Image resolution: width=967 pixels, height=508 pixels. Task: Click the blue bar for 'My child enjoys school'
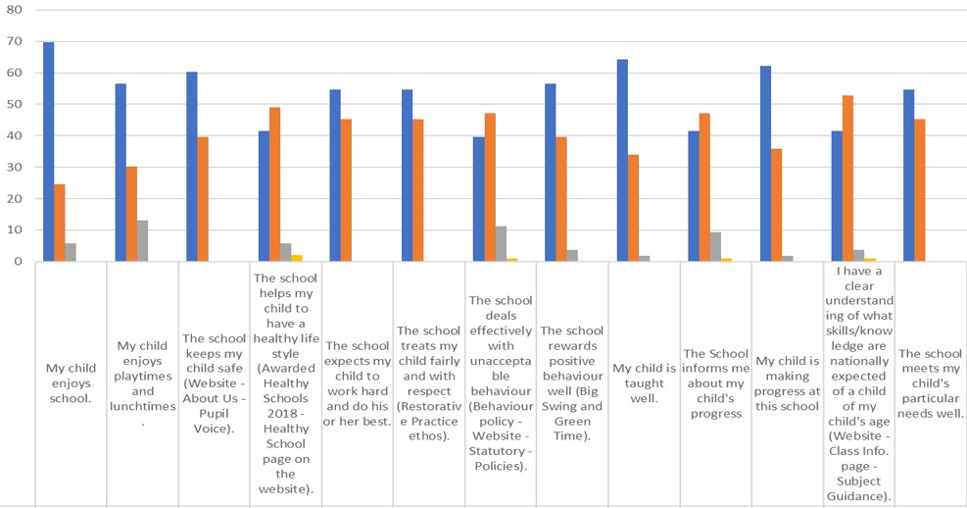click(x=48, y=152)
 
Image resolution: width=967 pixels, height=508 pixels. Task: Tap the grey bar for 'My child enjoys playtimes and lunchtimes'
click(x=143, y=241)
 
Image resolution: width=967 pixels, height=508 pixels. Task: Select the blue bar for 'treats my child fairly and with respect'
click(x=407, y=176)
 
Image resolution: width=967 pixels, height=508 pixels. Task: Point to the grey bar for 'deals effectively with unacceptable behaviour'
click(x=502, y=244)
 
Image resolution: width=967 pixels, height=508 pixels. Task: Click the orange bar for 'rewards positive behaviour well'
click(x=561, y=199)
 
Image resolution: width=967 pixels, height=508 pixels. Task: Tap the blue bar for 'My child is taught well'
click(x=622, y=161)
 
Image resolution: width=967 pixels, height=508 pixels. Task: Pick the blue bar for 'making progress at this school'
click(x=765, y=164)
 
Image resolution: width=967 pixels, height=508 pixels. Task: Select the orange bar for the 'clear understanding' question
click(x=848, y=178)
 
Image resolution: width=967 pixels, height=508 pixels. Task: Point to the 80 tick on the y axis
click(x=14, y=10)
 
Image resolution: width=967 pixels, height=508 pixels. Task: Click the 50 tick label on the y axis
click(x=14, y=104)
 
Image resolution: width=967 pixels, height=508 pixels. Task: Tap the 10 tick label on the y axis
click(x=14, y=230)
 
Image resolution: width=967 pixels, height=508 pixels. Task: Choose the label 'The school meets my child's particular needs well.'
click(x=931, y=383)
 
